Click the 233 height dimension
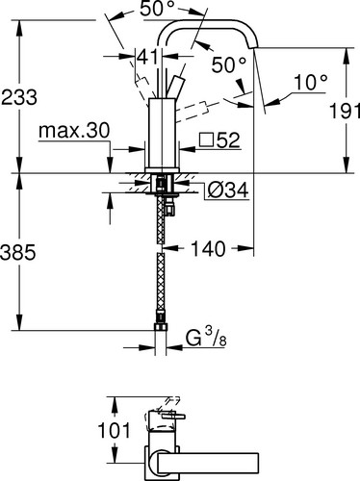click(19, 97)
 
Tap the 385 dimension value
click(17, 252)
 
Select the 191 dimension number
click(345, 111)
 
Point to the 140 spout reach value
click(208, 248)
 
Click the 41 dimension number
click(148, 57)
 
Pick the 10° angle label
click(311, 82)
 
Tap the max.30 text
click(74, 131)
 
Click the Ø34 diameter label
click(228, 190)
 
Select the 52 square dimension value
click(228, 140)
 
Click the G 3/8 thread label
click(206, 338)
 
